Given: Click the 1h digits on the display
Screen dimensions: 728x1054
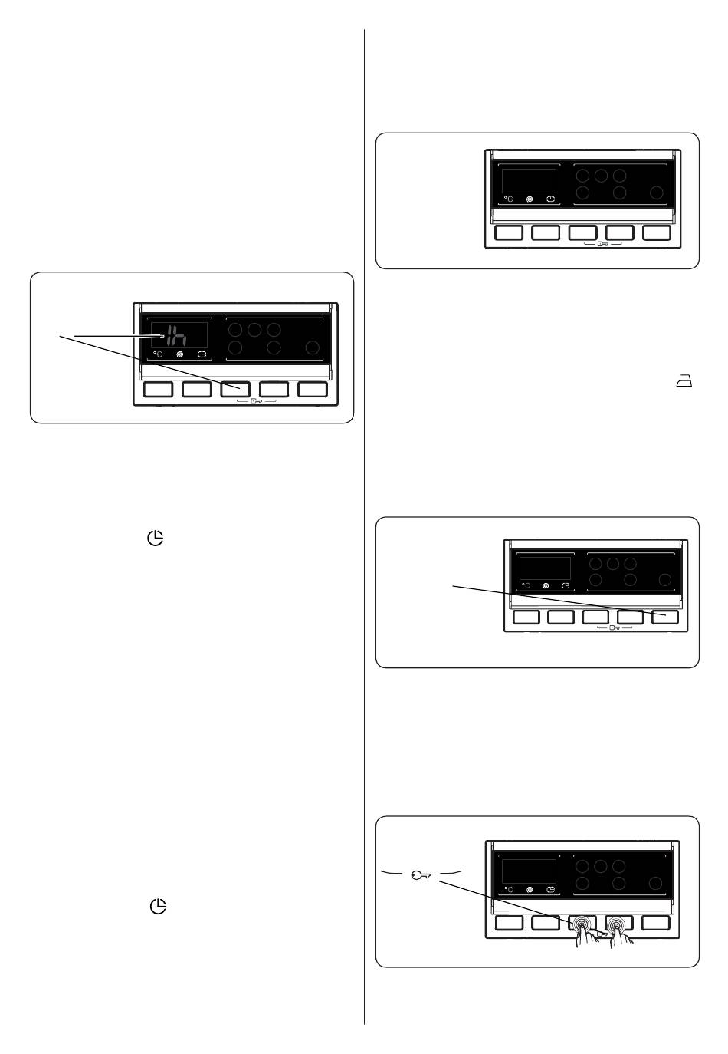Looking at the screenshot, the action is pyautogui.click(x=177, y=336).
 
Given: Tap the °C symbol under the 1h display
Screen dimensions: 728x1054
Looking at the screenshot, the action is pyautogui.click(x=158, y=355).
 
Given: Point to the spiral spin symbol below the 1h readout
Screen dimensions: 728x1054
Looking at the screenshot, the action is pyautogui.click(x=180, y=355).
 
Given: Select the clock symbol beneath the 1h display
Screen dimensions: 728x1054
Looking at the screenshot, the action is pyautogui.click(x=202, y=355).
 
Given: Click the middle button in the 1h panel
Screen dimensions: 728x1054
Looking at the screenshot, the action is pyautogui.click(x=235, y=389).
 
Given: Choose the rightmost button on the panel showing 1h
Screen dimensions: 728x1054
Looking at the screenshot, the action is pyautogui.click(x=313, y=389).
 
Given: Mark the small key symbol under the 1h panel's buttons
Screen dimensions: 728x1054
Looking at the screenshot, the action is pyautogui.click(x=256, y=401).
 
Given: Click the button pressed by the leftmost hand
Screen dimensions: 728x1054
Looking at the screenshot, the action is pyautogui.click(x=582, y=923).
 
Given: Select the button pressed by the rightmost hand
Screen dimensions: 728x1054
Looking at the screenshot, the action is pyautogui.click(x=618, y=923).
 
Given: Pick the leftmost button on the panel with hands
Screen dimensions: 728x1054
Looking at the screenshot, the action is pyautogui.click(x=509, y=923).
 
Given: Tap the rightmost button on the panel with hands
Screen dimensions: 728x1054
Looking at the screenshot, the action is pyautogui.click(x=657, y=923).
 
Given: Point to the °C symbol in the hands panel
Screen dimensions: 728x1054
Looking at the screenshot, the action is pyautogui.click(x=508, y=891).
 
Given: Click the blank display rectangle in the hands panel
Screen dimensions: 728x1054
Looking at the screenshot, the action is pyautogui.click(x=528, y=871).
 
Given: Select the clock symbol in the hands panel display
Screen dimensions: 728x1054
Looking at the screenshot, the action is pyautogui.click(x=551, y=891).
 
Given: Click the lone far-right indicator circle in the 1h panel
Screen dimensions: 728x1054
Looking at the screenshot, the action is pyautogui.click(x=312, y=348).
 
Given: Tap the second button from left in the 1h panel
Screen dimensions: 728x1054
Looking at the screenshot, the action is pyautogui.click(x=197, y=389).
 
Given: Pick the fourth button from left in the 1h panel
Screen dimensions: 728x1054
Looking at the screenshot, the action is pyautogui.click(x=274, y=389).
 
